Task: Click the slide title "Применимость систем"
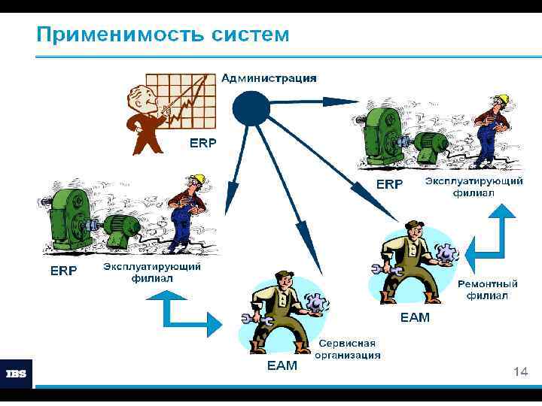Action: click(163, 34)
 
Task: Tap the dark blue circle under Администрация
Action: click(251, 108)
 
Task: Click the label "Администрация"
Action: click(269, 78)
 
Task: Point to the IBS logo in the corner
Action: click(17, 374)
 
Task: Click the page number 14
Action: click(519, 371)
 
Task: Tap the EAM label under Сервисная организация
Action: click(282, 366)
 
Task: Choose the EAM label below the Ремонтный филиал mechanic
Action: click(415, 317)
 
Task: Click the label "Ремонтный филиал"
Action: click(487, 289)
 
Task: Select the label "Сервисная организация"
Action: click(347, 348)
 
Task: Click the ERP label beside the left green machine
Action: click(63, 271)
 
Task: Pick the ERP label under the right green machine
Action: click(389, 183)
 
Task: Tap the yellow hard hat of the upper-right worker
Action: click(503, 98)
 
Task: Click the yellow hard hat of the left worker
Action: click(198, 179)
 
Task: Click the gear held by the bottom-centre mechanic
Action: click(316, 302)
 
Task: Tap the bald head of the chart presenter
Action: click(140, 95)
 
